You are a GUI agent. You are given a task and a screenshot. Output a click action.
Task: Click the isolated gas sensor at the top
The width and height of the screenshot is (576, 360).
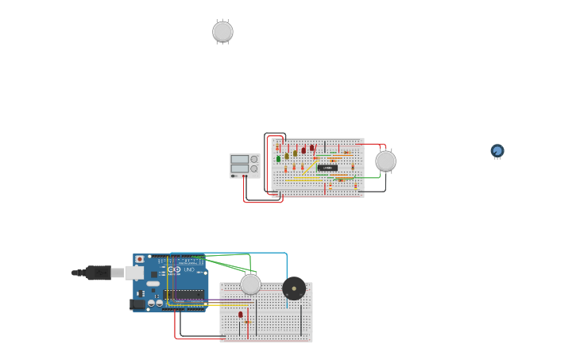coord(222,32)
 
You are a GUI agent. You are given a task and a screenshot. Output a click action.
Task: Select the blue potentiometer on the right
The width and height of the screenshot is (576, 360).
coord(497,150)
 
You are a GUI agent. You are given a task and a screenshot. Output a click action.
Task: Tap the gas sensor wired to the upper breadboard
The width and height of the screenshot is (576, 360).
coord(385,161)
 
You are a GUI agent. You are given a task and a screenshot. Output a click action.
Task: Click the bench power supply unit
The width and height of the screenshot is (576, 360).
coord(245,165)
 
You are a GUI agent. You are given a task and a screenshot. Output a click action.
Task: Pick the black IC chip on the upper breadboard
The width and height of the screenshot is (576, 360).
coord(327,168)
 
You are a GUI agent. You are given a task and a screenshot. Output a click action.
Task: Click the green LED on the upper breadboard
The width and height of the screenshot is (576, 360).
coord(278,159)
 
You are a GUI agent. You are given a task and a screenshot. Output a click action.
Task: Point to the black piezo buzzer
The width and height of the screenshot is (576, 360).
coord(294,288)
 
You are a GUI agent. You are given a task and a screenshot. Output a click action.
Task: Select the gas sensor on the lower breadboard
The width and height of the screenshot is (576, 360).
coord(250,285)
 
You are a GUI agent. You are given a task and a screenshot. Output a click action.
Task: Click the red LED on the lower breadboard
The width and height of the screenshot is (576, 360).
coord(241,315)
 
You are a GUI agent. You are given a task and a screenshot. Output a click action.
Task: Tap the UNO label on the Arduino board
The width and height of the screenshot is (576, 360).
coord(189,270)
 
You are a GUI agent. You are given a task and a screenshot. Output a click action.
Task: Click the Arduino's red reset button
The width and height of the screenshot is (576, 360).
coord(140,259)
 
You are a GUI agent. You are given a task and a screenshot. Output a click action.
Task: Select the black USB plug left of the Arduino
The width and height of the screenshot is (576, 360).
coord(98,273)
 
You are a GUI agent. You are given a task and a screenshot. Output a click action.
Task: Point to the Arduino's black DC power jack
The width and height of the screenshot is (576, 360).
coord(137,304)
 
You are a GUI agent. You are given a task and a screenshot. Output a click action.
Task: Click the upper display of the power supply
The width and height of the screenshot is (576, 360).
coord(240,160)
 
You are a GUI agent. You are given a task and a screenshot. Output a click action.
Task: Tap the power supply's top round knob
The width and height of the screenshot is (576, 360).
coord(254,159)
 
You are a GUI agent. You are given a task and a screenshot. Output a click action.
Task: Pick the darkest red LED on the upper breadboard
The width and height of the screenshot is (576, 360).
coord(303,150)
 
